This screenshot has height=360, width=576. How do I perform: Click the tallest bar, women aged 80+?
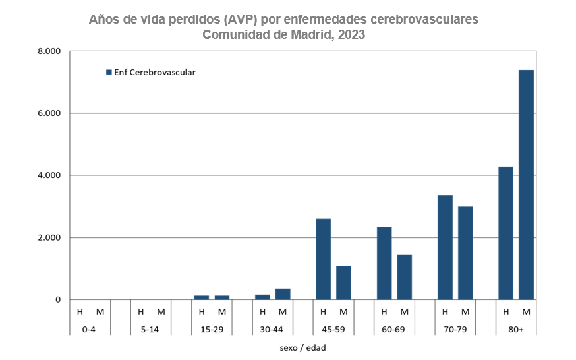coord(526,185)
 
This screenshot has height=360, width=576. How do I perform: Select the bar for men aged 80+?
coord(505,233)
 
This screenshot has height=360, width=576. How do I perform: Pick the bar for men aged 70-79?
coord(445,247)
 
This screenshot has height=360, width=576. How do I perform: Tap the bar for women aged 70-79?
coord(465,253)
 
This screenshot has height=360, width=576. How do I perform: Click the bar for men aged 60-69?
coord(384,263)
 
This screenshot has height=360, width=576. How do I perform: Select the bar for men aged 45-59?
coord(323,259)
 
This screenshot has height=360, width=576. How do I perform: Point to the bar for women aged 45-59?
coord(343,283)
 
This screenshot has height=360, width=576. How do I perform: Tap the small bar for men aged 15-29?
coord(202,297)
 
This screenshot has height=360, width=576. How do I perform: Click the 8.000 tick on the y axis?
coord(49,51)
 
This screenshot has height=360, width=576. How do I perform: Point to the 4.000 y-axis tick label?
coord(49,175)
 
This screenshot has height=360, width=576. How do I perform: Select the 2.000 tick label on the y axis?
coord(49,237)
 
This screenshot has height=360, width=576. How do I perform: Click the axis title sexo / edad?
coord(303,347)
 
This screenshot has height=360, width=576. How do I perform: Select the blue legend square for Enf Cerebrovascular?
coord(109,73)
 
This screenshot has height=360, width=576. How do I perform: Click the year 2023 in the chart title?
coord(351,35)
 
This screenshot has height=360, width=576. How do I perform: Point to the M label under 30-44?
coord(283,311)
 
